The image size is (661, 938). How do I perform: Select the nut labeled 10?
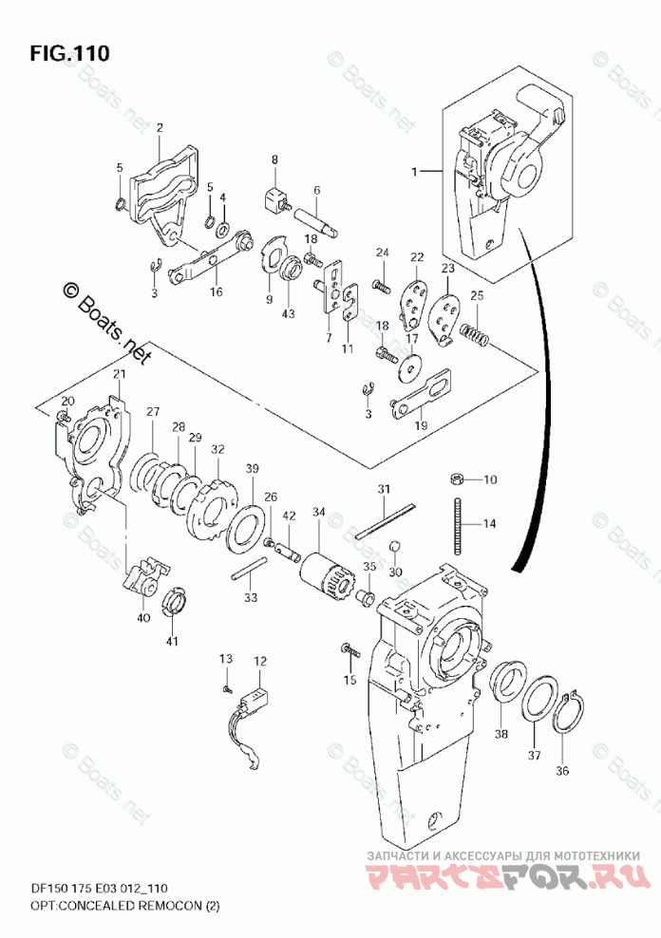456,478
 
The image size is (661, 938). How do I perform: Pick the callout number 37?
535,756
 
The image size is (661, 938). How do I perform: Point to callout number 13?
226,659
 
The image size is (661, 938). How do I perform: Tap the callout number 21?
119,374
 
